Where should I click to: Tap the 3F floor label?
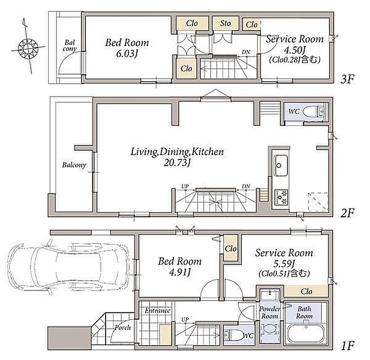coord(347,80)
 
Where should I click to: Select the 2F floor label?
coord(347,213)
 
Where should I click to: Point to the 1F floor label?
coord(348,346)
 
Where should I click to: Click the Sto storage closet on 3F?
coord(225,23)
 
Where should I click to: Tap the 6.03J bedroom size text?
coord(126,54)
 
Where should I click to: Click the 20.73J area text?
coord(177,163)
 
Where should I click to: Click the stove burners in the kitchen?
coord(281,197)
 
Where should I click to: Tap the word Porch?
coord(122,328)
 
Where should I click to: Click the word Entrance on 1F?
coord(157,310)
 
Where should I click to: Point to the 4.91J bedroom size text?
coord(180,273)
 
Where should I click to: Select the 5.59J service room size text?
coord(284,263)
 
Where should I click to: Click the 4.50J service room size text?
coord(295,50)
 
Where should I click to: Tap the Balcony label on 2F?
coord(74,165)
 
